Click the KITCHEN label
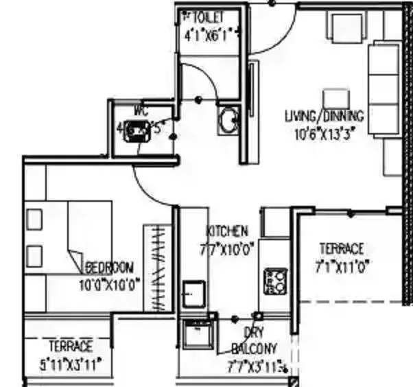click(x=227, y=232)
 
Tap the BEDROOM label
click(x=110, y=267)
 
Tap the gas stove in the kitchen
click(x=275, y=281)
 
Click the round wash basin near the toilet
click(x=227, y=121)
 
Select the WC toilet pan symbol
click(x=137, y=130)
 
